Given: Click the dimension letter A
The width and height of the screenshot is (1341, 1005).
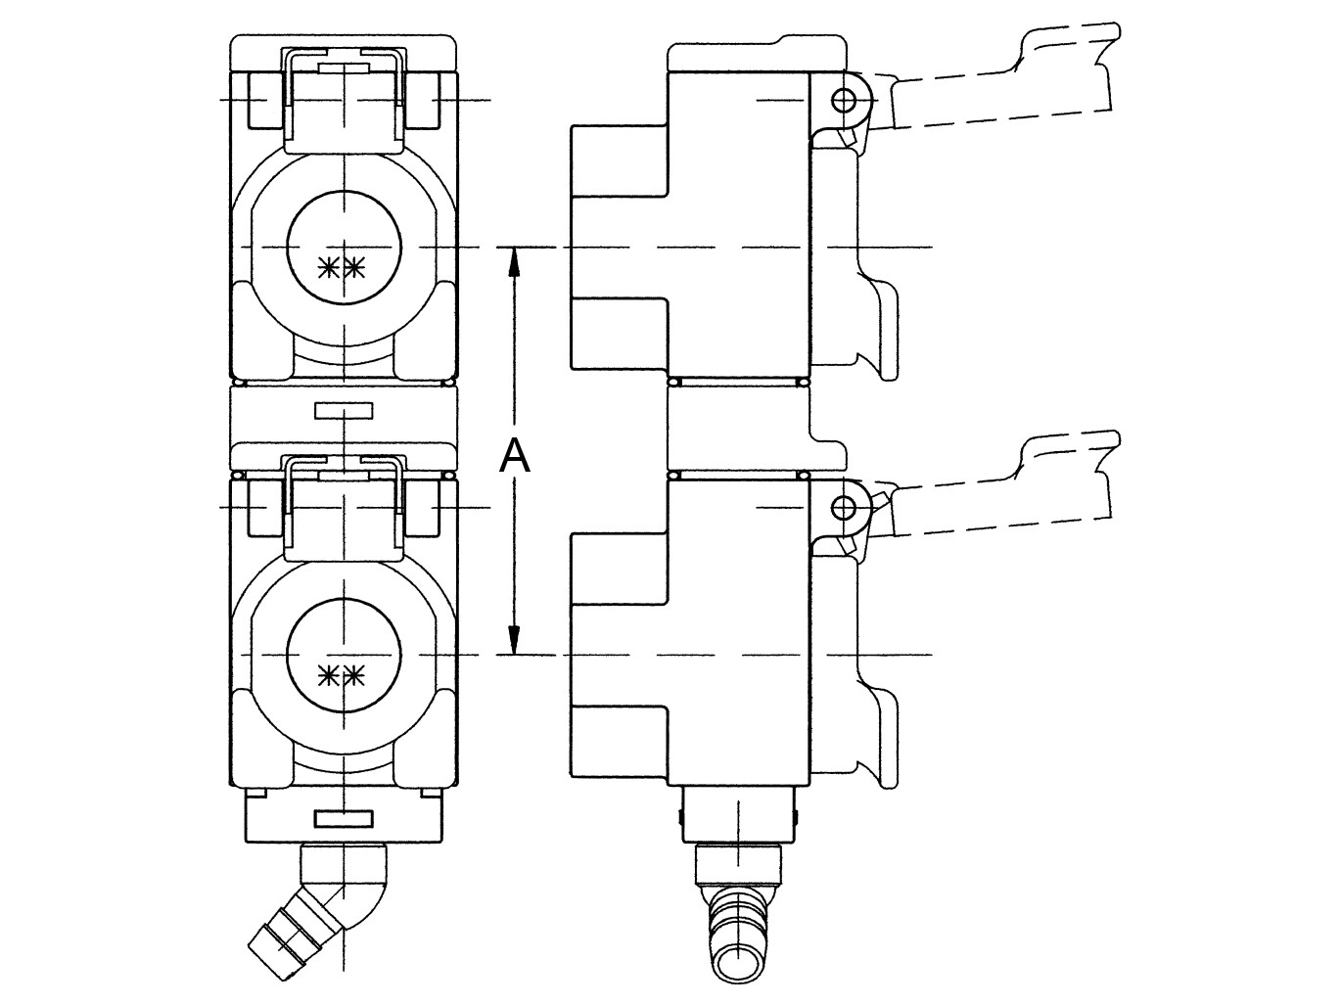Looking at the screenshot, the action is click(515, 456).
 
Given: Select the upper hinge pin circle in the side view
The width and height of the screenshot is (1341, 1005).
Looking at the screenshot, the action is click(844, 100).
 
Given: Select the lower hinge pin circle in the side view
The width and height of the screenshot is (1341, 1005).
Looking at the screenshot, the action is click(844, 506).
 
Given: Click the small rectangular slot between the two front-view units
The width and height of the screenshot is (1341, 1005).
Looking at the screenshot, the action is click(344, 410).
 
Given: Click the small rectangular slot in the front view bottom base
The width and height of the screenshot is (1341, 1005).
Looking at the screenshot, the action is click(344, 819).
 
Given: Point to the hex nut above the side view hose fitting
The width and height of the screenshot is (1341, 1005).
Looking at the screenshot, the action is click(739, 864).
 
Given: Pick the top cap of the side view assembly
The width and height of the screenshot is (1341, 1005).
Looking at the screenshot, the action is click(758, 57).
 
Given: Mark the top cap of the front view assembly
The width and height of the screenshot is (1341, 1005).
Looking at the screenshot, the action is click(344, 54).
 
